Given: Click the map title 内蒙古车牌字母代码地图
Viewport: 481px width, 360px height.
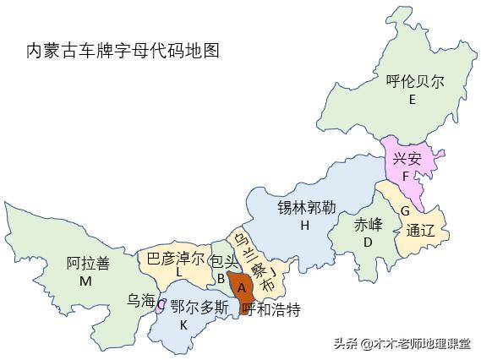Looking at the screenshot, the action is click(x=123, y=51).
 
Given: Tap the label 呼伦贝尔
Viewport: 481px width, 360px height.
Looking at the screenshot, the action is click(x=414, y=82).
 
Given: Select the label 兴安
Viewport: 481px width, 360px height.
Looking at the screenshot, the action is click(x=407, y=158).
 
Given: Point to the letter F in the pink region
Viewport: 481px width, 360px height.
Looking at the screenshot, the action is click(x=406, y=177).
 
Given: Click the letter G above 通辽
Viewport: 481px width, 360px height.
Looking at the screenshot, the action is click(x=405, y=210).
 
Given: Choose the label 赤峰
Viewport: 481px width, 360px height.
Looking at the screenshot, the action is click(x=368, y=225).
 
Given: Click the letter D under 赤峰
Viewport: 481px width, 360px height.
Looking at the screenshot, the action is click(x=368, y=243).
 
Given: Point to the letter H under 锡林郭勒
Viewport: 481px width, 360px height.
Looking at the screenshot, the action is click(x=304, y=226).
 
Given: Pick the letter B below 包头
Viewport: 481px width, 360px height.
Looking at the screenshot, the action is click(x=220, y=277).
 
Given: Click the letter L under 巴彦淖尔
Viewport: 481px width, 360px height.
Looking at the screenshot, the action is click(x=179, y=273).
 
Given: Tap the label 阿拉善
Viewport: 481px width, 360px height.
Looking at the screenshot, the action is click(x=88, y=263).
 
